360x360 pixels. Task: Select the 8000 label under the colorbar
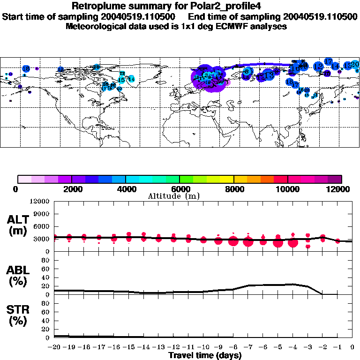[233, 189]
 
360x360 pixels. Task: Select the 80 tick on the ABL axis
[47, 260]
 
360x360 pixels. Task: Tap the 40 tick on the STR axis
[47, 321]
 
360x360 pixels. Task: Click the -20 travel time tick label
[54, 348]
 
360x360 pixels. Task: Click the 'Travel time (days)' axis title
[205, 355]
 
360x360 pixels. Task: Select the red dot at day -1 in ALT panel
[337, 241]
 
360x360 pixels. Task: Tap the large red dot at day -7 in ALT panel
[248, 242]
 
